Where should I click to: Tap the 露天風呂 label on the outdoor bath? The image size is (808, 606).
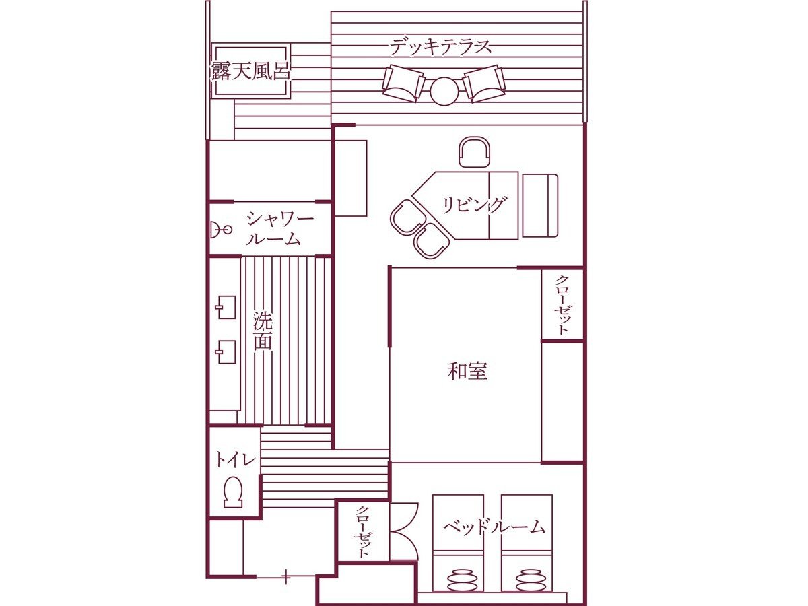250,71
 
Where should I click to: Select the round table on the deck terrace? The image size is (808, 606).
444,92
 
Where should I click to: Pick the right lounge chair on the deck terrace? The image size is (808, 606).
484,83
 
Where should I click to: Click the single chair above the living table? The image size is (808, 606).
475,152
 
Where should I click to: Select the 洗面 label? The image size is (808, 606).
263,331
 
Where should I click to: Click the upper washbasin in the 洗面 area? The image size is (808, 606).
226,307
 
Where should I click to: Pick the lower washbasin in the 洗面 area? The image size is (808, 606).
226,352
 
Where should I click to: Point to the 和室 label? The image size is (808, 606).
467,371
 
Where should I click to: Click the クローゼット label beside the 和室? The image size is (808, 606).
562,305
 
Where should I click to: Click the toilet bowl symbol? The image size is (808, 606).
233,492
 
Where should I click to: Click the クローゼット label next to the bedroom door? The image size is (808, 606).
362,537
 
